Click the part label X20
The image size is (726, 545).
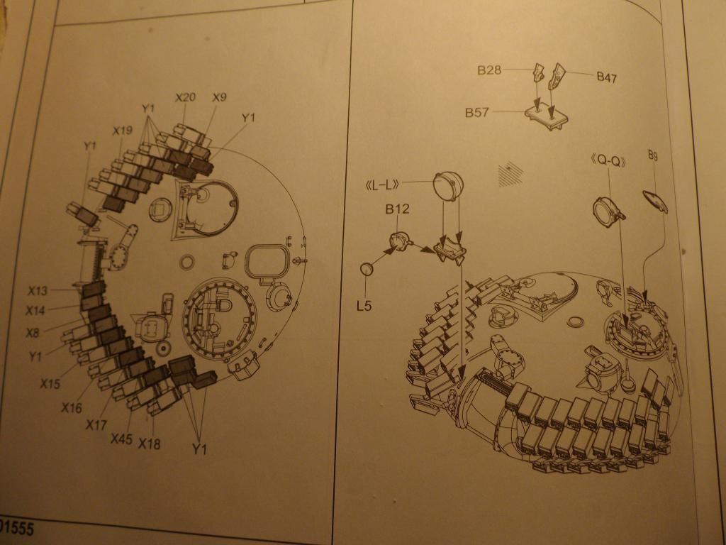coord(185,97)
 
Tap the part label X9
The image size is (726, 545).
coord(220,98)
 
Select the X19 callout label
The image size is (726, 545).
coord(122,131)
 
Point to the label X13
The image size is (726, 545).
coord(38,290)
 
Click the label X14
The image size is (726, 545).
coord(35,310)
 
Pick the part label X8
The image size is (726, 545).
coord(33,332)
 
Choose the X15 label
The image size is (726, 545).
coord(50,384)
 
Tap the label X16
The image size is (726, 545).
coord(72,408)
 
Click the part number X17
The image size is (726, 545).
coord(96,424)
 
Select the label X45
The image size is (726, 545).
coord(121,439)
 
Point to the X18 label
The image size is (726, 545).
coord(150,444)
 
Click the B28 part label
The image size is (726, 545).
coord(489,70)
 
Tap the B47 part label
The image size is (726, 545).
coord(607,77)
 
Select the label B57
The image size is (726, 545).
coord(477,112)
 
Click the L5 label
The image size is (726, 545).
coord(364,306)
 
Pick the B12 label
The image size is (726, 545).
coord(397,209)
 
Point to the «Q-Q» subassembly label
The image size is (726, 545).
coord(609,161)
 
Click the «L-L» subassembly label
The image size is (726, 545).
coord(382,185)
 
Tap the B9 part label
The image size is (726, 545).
coord(653,155)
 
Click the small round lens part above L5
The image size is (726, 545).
coord(367,269)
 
